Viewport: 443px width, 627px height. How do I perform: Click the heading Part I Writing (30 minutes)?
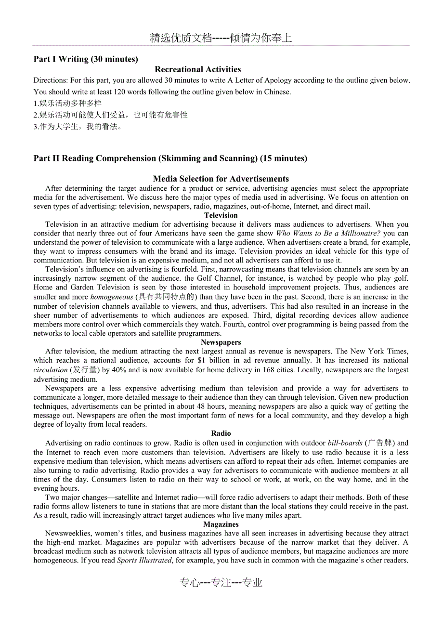86,59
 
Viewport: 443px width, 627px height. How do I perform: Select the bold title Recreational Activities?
197,69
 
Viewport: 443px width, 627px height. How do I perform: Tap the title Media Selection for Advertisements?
221,179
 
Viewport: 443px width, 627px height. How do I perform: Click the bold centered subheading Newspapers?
221,342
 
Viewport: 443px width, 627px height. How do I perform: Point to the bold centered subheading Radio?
221,433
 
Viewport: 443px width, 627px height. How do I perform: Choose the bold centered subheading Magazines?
221,524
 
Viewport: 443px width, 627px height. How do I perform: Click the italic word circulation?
51,370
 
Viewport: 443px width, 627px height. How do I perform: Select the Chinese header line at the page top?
221,39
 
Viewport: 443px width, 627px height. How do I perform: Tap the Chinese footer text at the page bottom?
221,583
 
